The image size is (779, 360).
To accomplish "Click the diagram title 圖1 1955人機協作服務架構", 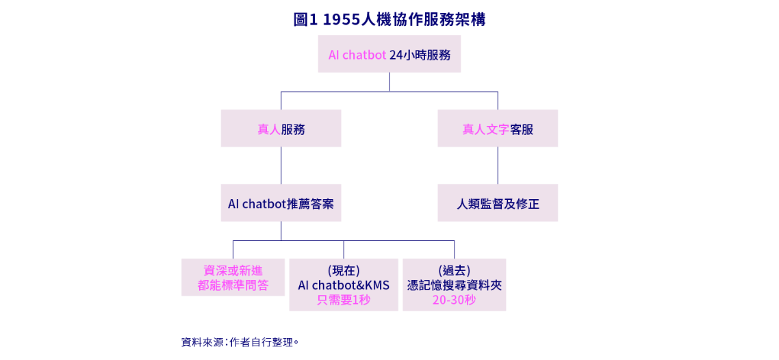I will tap(389, 20).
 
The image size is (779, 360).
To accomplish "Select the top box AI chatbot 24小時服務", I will tap(389, 55).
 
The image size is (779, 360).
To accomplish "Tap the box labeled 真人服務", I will tap(281, 129).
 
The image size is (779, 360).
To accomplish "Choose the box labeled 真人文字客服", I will tap(498, 129).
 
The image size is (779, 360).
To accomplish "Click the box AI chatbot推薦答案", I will tap(281, 203).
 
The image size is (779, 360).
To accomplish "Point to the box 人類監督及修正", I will tap(498, 203).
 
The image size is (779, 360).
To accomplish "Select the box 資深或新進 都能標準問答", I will tap(233, 277).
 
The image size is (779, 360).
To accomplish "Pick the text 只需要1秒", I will tap(343, 300).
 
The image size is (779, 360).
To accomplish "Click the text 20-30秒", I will tap(454, 300).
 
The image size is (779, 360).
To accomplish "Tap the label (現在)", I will tap(343, 270).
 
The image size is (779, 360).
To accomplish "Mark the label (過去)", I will tap(454, 270).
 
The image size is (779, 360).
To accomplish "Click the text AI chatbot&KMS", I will tap(343, 285).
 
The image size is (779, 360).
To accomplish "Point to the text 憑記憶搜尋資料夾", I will tap(454, 285).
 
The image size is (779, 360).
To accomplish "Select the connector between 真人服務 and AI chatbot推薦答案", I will tap(281, 166).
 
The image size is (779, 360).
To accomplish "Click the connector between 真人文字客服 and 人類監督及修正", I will tap(498, 166).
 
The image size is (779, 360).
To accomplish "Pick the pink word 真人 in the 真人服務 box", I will tap(268, 129).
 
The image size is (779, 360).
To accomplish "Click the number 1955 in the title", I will tap(340, 20).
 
